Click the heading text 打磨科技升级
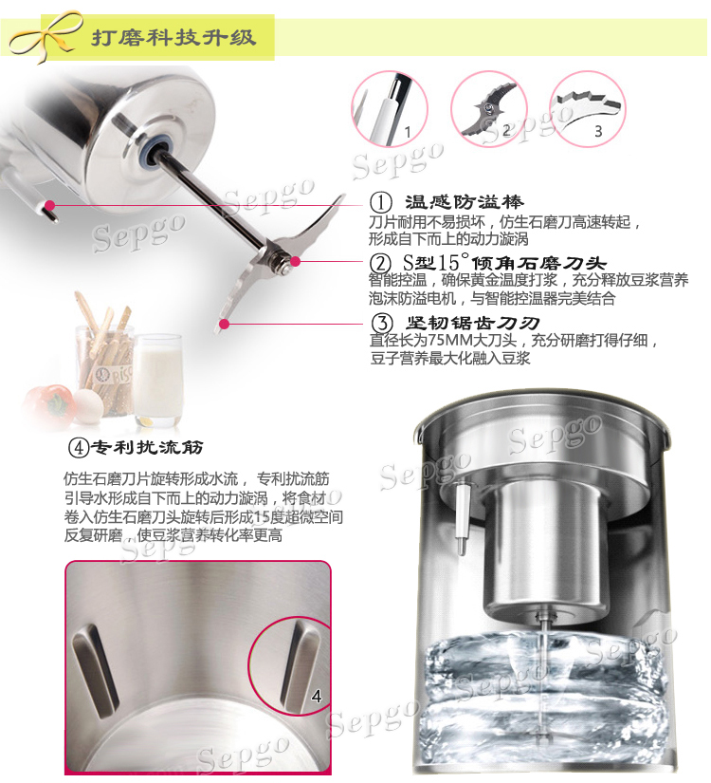173,37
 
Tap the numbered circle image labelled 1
390,109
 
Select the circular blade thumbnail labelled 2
489,109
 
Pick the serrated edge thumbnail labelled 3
587,109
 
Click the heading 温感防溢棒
464,202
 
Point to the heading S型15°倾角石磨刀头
504,263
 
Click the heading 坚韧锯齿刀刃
472,323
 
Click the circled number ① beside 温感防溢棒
381,203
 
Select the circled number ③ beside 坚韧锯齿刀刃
382,323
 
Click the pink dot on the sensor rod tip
49,205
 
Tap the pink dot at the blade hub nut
296,261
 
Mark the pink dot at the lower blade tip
225,324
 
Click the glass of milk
158,381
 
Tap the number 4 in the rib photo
317,696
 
